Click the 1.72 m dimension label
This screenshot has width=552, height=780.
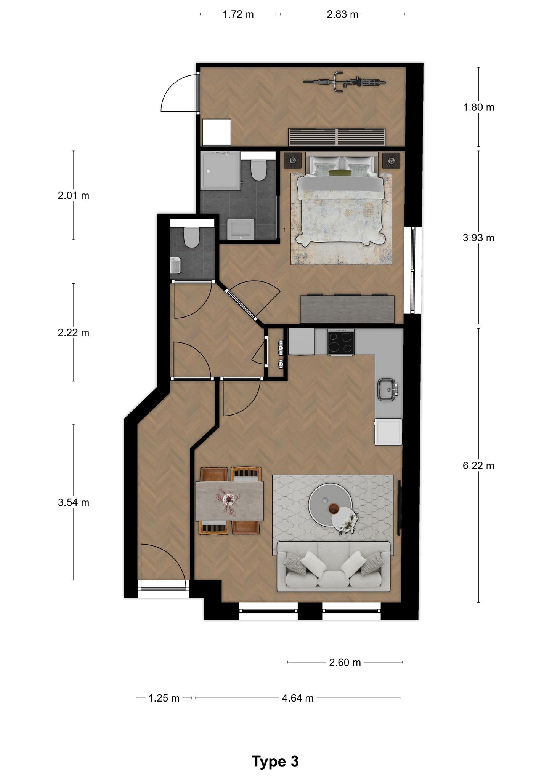tap(238, 14)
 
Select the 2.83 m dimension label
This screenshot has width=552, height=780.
tap(342, 14)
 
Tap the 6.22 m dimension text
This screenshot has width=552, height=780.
tap(478, 465)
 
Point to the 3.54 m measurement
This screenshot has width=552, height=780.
tap(74, 502)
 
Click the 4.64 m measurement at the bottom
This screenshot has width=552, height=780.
tap(298, 698)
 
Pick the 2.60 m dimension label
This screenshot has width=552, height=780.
tap(345, 662)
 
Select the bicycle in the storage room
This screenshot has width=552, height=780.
tap(344, 82)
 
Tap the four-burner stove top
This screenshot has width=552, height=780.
tap(341, 342)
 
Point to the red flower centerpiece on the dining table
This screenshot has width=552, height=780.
tap(229, 499)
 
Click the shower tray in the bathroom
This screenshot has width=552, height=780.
tap(221, 171)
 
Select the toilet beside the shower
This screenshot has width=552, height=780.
tap(258, 170)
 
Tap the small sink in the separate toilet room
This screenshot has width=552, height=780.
tap(175, 265)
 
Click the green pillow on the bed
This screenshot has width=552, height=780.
tap(340, 173)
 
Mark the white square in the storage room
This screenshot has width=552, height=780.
tap(217, 132)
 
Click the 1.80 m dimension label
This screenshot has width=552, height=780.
tap(478, 107)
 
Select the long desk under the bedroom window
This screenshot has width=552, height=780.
tap(347, 309)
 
